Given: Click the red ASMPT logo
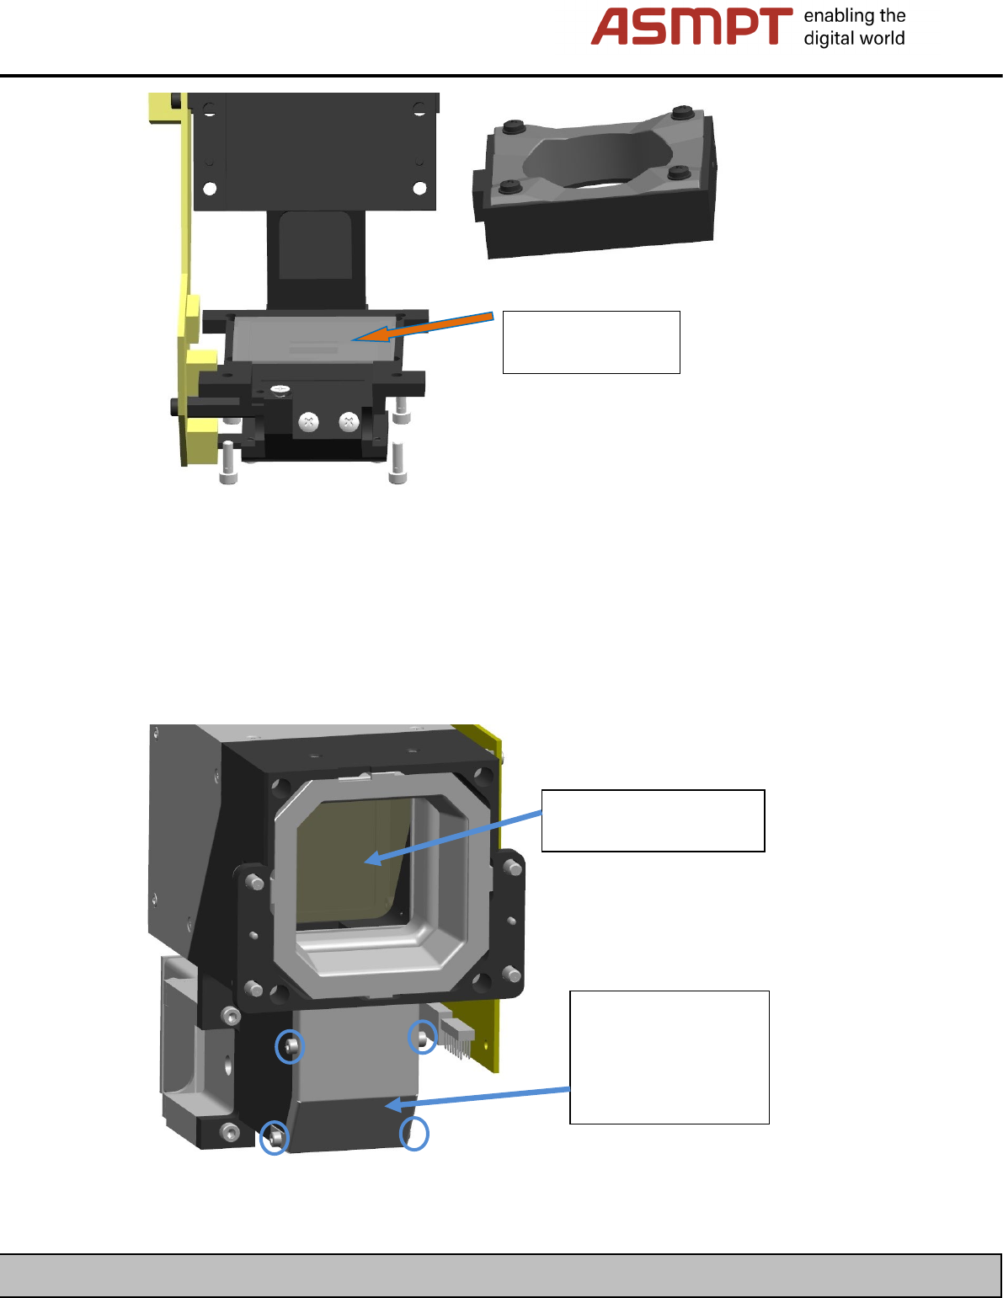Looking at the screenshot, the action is [691, 26].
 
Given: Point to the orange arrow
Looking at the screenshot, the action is [423, 328].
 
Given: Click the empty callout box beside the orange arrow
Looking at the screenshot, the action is [591, 342].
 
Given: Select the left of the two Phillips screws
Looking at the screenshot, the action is [308, 422].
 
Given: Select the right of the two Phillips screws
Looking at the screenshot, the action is [349, 422].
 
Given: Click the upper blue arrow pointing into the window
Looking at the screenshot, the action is [453, 837].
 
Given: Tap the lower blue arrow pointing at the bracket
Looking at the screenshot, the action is [477, 1098].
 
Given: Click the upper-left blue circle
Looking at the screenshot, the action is [290, 1046].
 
